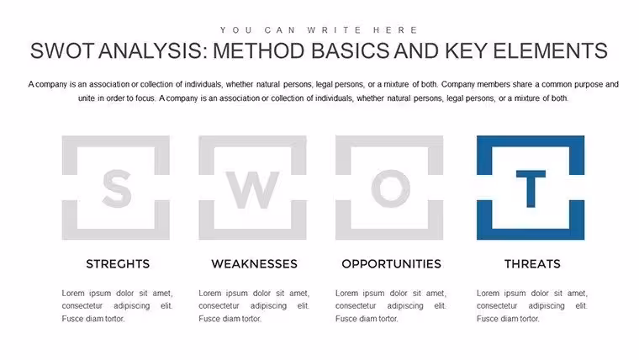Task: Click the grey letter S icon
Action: (x=117, y=188)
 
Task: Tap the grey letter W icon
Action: (x=253, y=190)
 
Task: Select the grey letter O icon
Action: (x=391, y=188)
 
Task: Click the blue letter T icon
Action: (x=531, y=188)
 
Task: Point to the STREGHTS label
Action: (x=118, y=264)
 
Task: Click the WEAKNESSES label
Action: (x=254, y=264)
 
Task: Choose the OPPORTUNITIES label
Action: (x=391, y=264)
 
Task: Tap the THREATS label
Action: (x=532, y=264)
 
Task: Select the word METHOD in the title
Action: (x=259, y=51)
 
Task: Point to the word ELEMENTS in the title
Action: (x=550, y=51)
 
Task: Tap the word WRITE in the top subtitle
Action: (x=334, y=30)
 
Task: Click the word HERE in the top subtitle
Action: (x=395, y=30)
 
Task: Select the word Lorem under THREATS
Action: (x=488, y=294)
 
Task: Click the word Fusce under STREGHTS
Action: (x=71, y=319)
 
